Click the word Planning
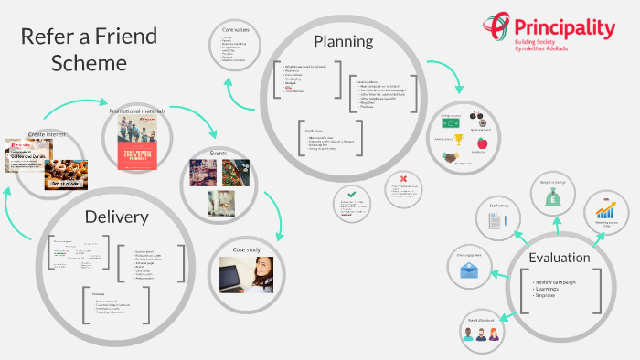tap(344, 41)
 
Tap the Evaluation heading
tap(560, 257)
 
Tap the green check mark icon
tap(352, 194)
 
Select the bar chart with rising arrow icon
tap(604, 208)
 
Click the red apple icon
tap(482, 143)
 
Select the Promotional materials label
tap(136, 110)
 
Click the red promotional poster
tap(137, 143)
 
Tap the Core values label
tap(235, 30)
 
